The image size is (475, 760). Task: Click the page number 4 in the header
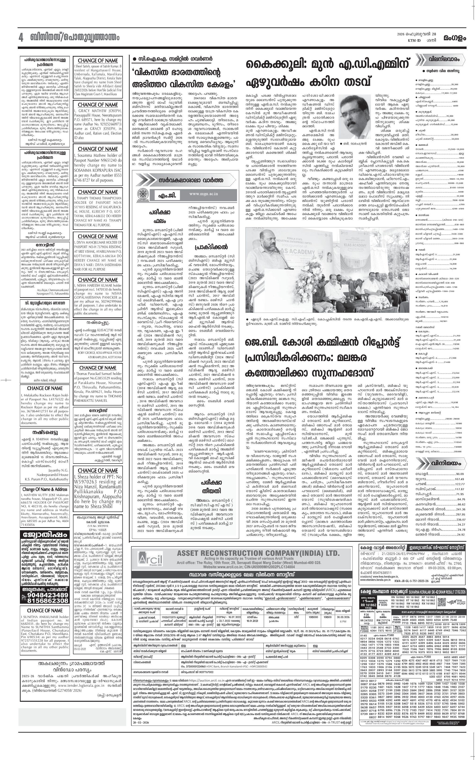(x=21, y=38)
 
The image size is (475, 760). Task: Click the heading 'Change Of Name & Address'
(x=45, y=489)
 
